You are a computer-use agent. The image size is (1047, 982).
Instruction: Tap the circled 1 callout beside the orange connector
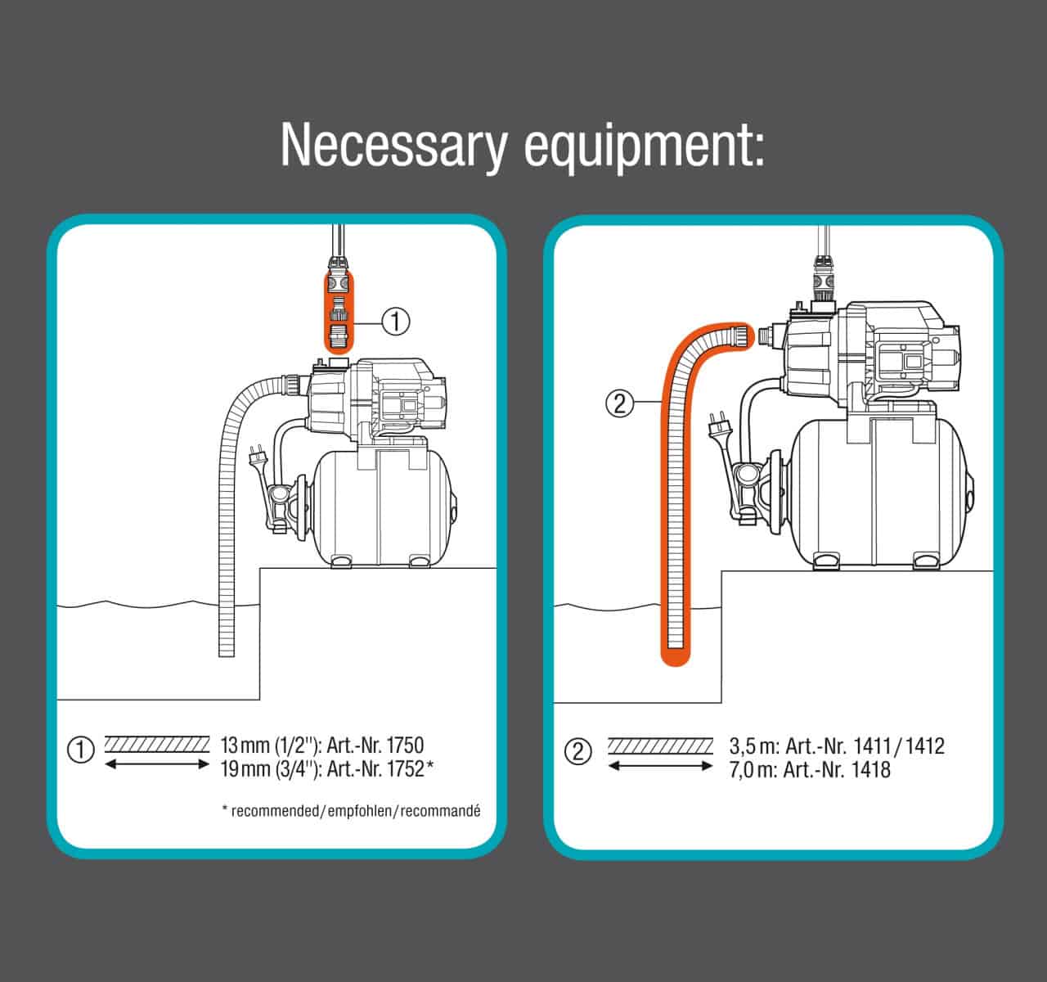(395, 322)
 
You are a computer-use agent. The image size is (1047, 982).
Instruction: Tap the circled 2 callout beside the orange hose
(619, 403)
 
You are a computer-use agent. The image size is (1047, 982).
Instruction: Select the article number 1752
(403, 768)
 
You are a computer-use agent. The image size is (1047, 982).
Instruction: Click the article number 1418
(869, 769)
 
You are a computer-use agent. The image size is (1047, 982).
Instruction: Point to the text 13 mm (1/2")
(270, 745)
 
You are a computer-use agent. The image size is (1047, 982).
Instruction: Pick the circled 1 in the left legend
(80, 750)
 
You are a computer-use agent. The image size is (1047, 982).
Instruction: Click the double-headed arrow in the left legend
(158, 764)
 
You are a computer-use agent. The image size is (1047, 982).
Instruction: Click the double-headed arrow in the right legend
(660, 765)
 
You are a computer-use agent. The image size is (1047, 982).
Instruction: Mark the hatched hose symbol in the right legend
(660, 746)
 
